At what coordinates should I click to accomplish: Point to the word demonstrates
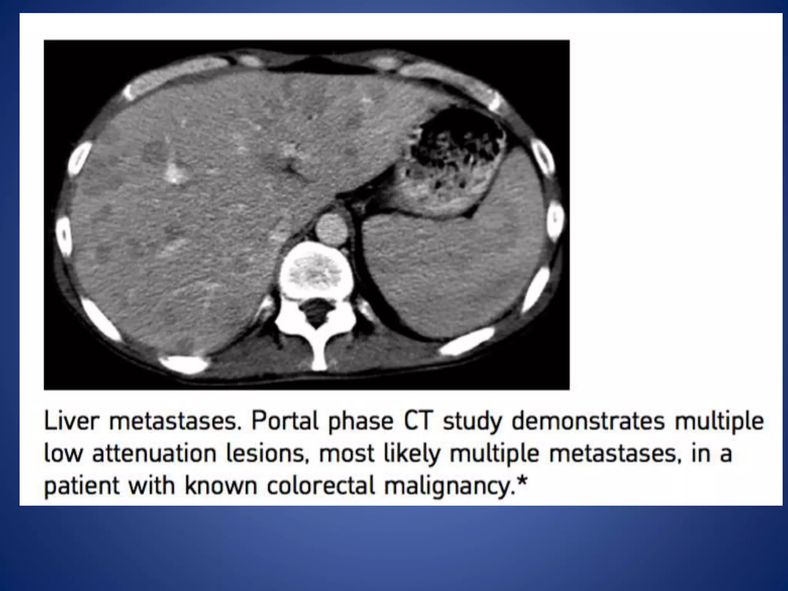coord(588,421)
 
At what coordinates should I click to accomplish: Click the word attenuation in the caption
coord(154,454)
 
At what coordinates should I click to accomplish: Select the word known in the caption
coord(220,486)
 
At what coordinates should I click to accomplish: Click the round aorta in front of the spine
coord(331,230)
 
